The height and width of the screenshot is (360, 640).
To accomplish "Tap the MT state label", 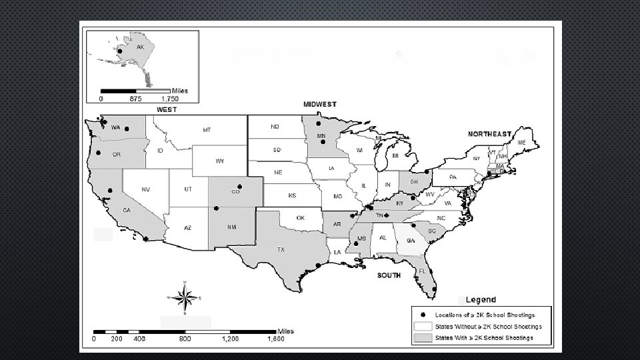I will pyautogui.click(x=207, y=129).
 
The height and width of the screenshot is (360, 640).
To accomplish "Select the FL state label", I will pyautogui.click(x=422, y=272).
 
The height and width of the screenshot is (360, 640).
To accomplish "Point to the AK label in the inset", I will pyautogui.click(x=140, y=47).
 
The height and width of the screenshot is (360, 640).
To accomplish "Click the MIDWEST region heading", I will pyautogui.click(x=320, y=105).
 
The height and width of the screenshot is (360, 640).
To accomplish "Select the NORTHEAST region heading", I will pyautogui.click(x=489, y=134).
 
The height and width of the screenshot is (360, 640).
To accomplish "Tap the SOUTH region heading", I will pyautogui.click(x=389, y=275).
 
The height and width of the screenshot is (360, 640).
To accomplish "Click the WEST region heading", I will pyautogui.click(x=166, y=109).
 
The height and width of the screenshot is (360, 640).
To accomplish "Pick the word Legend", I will pyautogui.click(x=480, y=299).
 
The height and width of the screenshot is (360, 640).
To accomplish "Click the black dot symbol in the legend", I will pyautogui.click(x=423, y=314).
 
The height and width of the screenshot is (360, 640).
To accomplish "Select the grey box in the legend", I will pyautogui.click(x=423, y=338).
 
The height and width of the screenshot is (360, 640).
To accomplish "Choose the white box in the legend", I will pyautogui.click(x=423, y=326).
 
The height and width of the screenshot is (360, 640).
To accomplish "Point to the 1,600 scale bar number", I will pyautogui.click(x=276, y=339).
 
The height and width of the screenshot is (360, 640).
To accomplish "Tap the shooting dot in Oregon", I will pyautogui.click(x=99, y=153).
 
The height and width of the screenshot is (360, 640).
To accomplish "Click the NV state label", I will pyautogui.click(x=145, y=189).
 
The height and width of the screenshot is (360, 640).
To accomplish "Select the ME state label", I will pyautogui.click(x=521, y=143).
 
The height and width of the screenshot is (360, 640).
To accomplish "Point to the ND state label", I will pyautogui.click(x=275, y=126).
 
